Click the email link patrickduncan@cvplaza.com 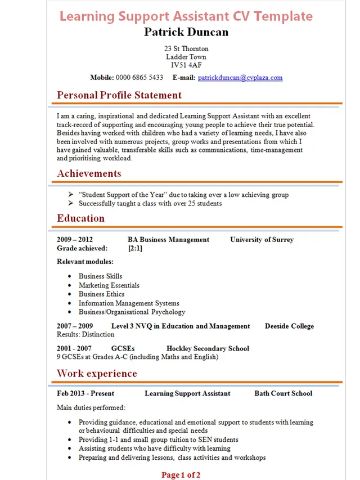[240, 78]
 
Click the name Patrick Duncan [186, 32]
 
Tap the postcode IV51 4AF [186, 65]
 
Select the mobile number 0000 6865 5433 [139, 78]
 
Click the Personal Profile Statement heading [119, 95]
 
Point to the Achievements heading [89, 173]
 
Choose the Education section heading [80, 218]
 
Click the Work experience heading [97, 374]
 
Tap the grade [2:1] [135, 248]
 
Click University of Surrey [262, 240]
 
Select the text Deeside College [289, 326]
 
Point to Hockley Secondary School [208, 349]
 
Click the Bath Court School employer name [283, 393]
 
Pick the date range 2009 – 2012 [75, 240]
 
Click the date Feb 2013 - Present [85, 393]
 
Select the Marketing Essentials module [109, 285]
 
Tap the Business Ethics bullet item [101, 294]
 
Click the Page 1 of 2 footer [181, 475]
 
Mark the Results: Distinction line [85, 334]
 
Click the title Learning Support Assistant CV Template [186, 16]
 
